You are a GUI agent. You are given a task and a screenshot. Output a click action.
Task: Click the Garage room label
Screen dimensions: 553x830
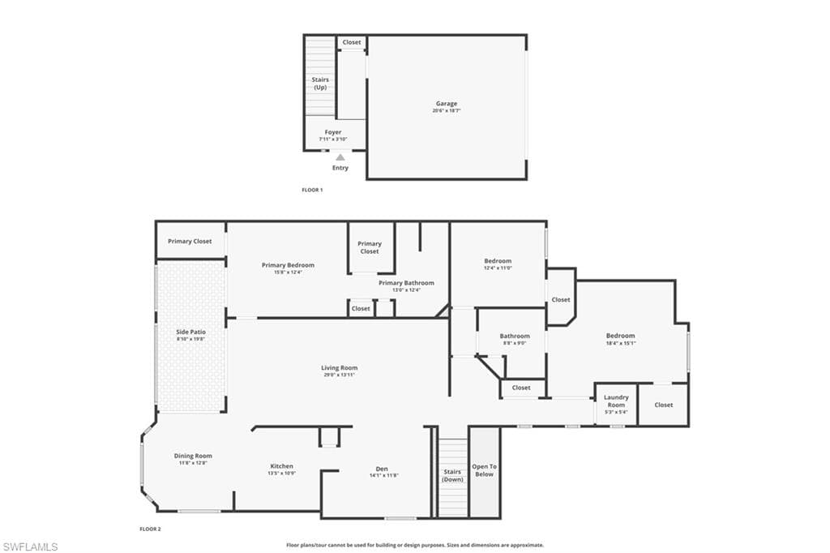pyautogui.click(x=447, y=104)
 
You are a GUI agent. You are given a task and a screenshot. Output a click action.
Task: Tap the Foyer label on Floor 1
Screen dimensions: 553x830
pyautogui.click(x=333, y=132)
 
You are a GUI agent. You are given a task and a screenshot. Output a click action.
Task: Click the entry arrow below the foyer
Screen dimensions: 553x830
pyautogui.click(x=340, y=157)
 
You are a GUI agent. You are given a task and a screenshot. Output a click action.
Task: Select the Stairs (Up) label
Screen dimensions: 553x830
pyautogui.click(x=320, y=83)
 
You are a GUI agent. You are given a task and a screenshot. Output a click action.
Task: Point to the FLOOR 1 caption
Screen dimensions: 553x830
pyautogui.click(x=312, y=190)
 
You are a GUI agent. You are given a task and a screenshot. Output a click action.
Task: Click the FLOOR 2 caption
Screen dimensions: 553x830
pyautogui.click(x=150, y=529)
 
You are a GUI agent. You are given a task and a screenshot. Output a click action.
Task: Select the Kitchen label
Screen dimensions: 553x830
pyautogui.click(x=282, y=466)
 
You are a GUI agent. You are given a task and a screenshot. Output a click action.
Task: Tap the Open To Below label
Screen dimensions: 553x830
pyautogui.click(x=484, y=470)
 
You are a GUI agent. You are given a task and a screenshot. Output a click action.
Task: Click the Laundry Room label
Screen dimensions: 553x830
pyautogui.click(x=616, y=401)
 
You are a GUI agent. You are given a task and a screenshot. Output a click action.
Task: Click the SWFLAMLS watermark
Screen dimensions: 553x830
pyautogui.click(x=30, y=547)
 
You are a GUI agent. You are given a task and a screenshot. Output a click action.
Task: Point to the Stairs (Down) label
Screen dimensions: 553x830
pyautogui.click(x=452, y=475)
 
